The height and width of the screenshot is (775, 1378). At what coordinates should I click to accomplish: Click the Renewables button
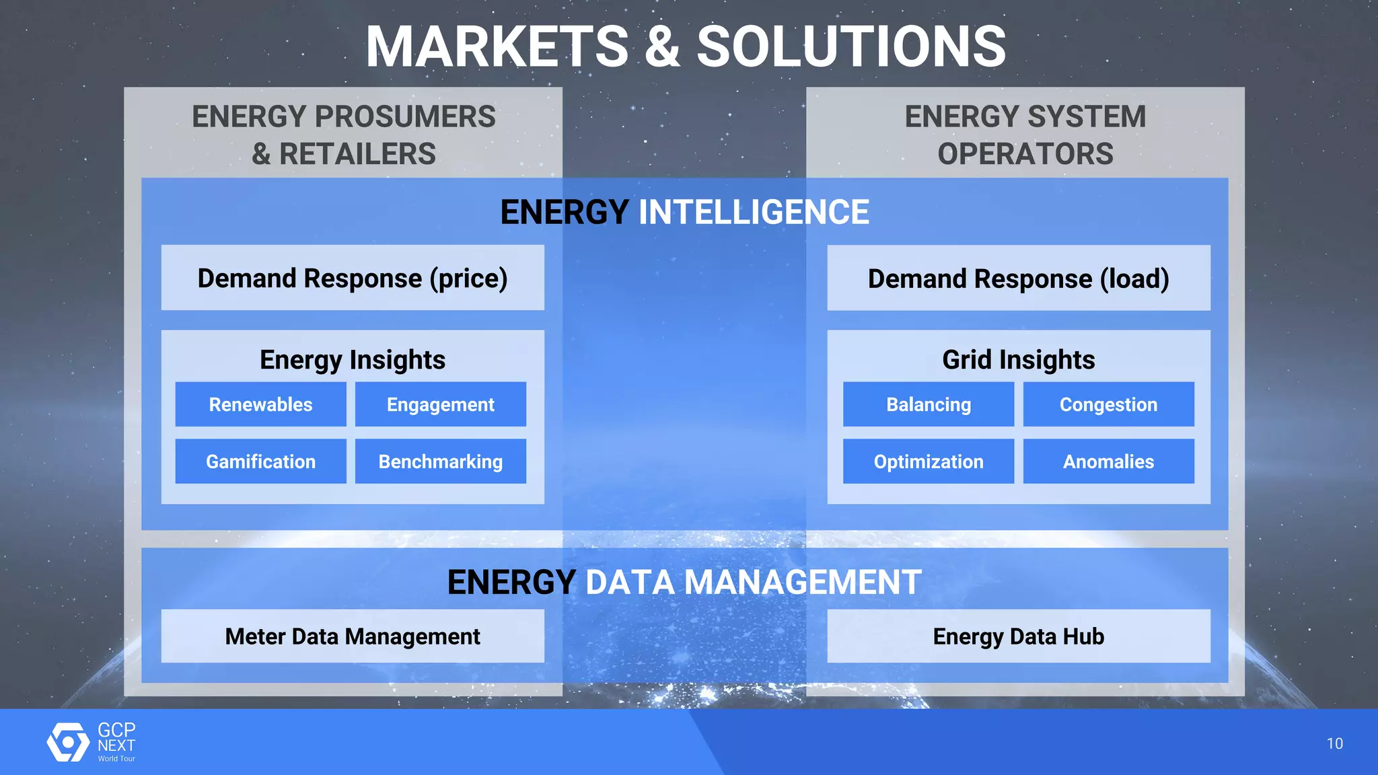[x=260, y=404]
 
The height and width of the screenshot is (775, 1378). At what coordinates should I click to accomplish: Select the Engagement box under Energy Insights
[x=440, y=404]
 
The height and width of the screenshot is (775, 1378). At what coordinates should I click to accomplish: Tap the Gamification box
[x=260, y=462]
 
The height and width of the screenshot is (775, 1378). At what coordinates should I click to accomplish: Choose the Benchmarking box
[x=440, y=462]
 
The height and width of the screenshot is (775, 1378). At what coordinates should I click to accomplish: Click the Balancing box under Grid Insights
[x=928, y=404]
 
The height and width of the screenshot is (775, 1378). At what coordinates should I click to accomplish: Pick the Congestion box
[x=1108, y=404]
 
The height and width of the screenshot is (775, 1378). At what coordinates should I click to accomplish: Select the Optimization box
[x=928, y=462]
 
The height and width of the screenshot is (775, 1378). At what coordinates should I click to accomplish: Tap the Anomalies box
[x=1108, y=462]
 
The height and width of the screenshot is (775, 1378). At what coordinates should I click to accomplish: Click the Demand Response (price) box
[x=353, y=278]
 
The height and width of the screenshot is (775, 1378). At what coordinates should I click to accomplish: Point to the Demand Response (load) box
[x=1018, y=278]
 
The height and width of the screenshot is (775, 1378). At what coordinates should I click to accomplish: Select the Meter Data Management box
[x=353, y=636]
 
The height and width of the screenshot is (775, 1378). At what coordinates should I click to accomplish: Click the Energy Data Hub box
[x=1018, y=636]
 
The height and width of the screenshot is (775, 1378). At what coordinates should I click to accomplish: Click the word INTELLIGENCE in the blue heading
[x=754, y=213]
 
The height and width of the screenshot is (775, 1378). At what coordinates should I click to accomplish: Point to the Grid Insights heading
[x=1018, y=360]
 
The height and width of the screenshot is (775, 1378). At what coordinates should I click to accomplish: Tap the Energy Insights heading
[x=353, y=360]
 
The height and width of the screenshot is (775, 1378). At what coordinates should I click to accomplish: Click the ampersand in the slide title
[x=662, y=47]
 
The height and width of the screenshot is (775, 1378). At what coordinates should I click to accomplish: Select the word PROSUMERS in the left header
[x=405, y=117]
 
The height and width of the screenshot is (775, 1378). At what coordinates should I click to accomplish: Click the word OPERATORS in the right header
[x=1025, y=154]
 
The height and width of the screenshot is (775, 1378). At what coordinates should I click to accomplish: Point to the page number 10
[x=1334, y=743]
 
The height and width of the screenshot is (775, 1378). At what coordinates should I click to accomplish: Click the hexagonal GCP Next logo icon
[x=68, y=742]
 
